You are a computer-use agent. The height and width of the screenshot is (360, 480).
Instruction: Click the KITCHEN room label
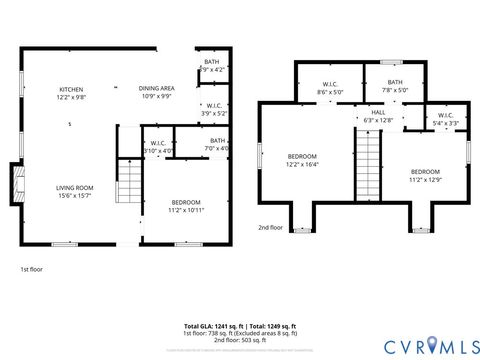point(71,93)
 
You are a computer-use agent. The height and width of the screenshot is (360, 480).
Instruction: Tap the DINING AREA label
point(157,93)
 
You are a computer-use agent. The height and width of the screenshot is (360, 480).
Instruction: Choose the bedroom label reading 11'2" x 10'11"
point(185,206)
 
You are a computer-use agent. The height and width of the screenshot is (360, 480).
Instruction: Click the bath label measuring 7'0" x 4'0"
point(217,144)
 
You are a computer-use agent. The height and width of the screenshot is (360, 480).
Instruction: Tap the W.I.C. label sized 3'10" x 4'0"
point(158,147)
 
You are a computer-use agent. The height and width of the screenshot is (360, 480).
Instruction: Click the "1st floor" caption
point(31,269)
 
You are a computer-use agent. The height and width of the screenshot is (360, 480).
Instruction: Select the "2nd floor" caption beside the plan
point(270,227)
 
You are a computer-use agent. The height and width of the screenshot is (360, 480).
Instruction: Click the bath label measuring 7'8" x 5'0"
point(395,86)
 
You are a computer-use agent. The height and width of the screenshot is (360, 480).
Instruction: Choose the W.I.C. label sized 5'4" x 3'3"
point(446,119)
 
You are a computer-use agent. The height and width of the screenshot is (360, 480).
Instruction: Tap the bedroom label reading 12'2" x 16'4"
point(302,160)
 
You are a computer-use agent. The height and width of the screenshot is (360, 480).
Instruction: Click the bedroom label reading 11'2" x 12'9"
point(424,174)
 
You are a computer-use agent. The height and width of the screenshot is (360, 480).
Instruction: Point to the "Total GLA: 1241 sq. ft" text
point(213,327)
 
